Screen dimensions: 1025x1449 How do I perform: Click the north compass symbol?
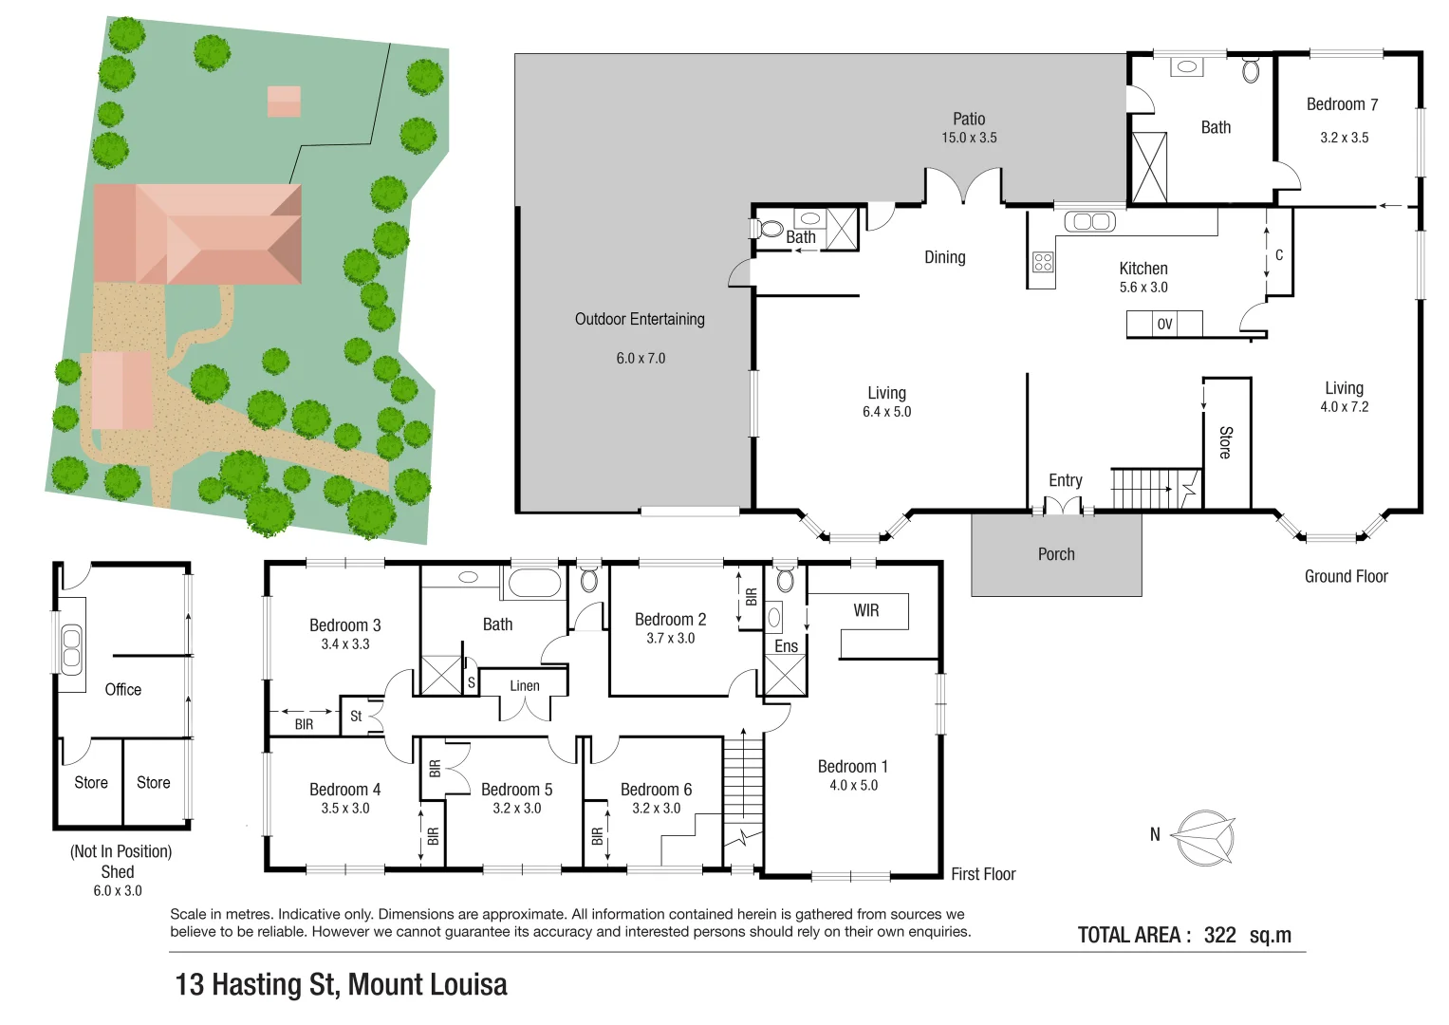click(1202, 837)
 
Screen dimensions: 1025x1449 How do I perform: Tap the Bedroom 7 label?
click(1342, 104)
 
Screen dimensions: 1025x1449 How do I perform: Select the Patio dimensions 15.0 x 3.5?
click(969, 138)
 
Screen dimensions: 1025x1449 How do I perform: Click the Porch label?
click(1056, 554)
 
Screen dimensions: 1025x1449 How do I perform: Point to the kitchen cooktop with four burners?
click(1042, 262)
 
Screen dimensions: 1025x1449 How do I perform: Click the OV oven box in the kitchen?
click(1164, 325)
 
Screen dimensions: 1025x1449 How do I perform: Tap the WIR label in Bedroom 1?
click(865, 610)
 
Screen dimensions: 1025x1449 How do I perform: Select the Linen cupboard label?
click(524, 685)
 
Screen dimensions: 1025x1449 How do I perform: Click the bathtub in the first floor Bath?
click(535, 582)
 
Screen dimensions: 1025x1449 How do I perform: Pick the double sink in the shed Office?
click(71, 649)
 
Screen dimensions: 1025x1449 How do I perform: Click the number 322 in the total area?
click(1219, 935)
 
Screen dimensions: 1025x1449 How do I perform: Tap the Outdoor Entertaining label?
click(640, 319)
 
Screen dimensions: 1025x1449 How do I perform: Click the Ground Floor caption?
click(1346, 576)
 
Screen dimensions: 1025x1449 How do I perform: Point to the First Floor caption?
click(983, 874)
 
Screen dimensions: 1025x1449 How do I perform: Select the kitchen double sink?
click(1089, 221)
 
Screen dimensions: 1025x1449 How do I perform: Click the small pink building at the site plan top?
click(284, 101)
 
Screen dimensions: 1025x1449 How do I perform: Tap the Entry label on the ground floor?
click(1065, 480)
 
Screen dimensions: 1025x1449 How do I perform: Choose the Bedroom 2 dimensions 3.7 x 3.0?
click(670, 639)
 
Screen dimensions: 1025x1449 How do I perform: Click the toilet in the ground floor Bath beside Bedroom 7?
click(1251, 70)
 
